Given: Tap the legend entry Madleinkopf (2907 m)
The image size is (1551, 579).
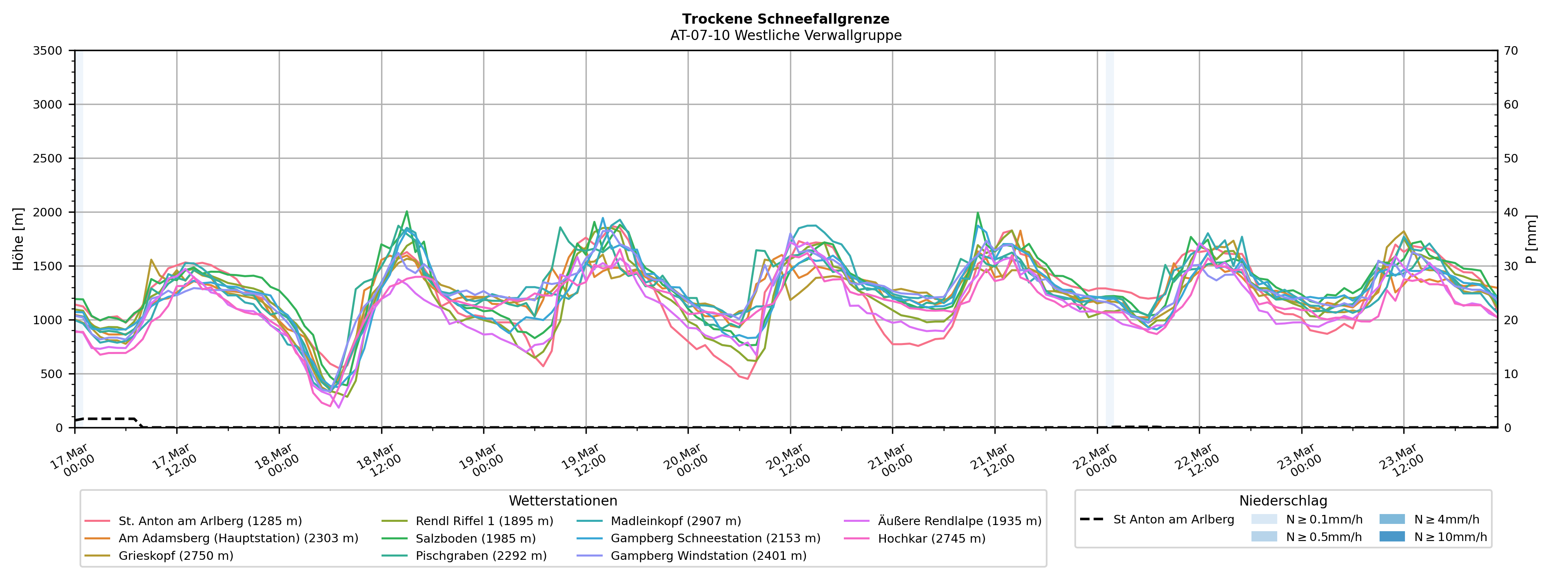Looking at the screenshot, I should click(x=676, y=521).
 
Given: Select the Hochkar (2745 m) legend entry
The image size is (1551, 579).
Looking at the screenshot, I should click(x=932, y=539).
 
